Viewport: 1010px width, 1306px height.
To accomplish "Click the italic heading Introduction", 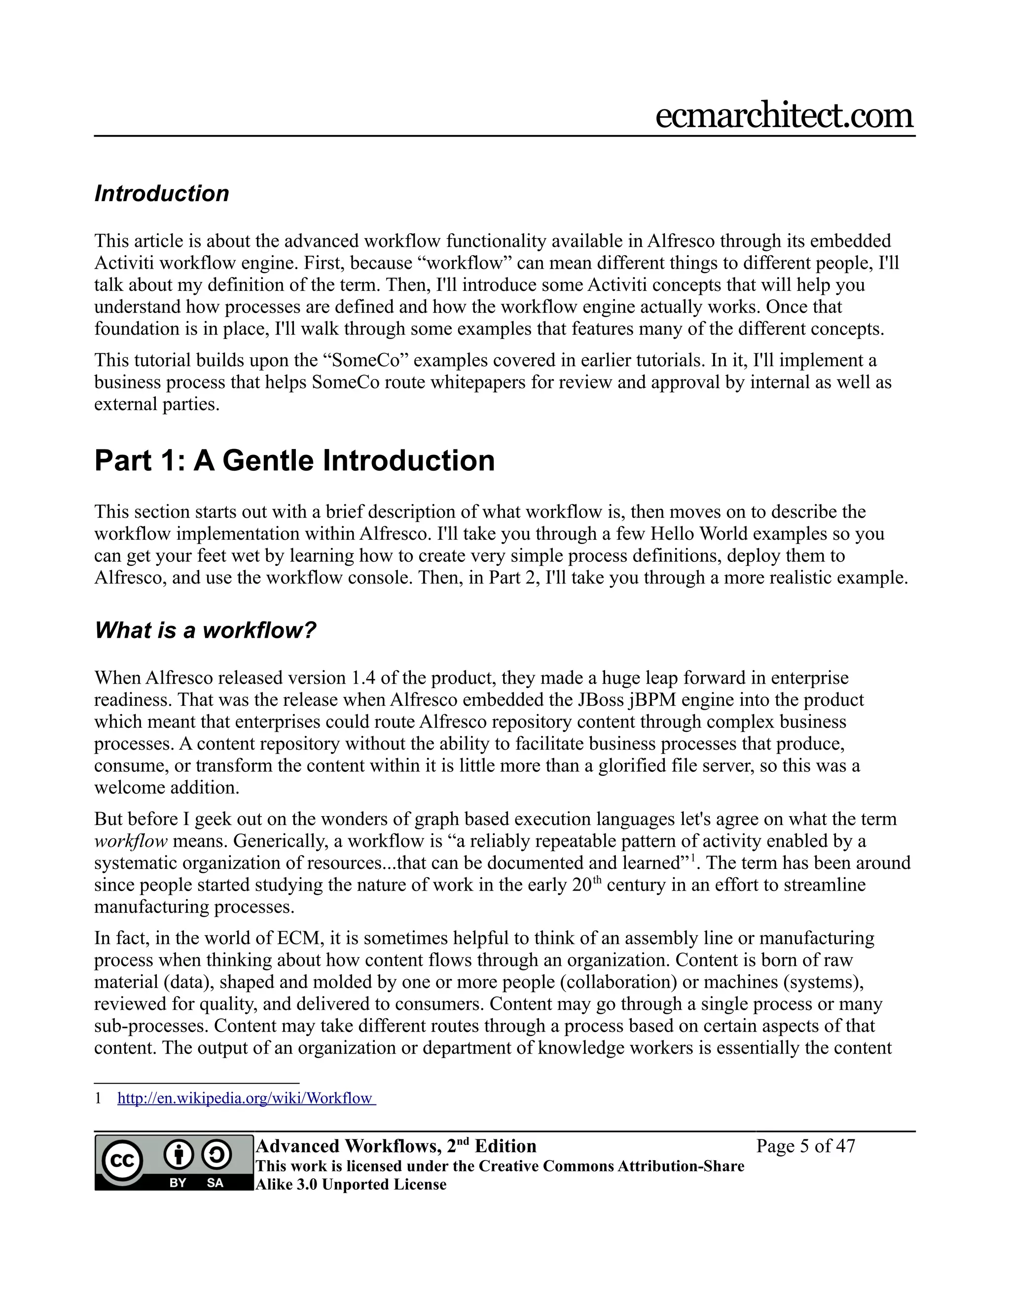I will [x=162, y=194].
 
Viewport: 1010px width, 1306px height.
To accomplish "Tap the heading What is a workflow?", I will [x=205, y=630].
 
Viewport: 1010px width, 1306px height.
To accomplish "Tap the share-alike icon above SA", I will [x=216, y=1155].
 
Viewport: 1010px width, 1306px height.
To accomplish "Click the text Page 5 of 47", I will [x=805, y=1146].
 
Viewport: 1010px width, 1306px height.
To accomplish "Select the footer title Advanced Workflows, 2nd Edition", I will [x=396, y=1146].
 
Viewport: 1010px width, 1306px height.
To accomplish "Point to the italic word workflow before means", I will [x=130, y=841].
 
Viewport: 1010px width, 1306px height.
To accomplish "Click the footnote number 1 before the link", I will [x=98, y=1099].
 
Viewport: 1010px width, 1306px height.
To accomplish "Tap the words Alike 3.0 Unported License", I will [x=351, y=1185].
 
